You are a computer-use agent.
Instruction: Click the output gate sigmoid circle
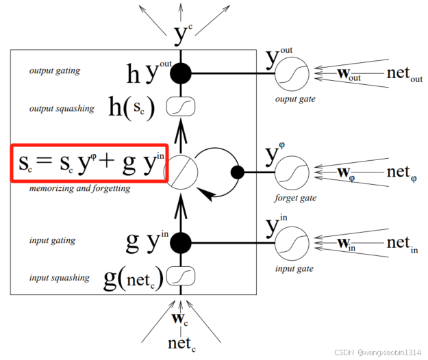(x=292, y=73)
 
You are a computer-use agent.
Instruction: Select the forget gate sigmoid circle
(x=292, y=172)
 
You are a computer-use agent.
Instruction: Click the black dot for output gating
(x=181, y=72)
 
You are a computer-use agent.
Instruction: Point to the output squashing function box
(x=181, y=107)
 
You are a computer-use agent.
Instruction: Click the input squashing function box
(x=181, y=277)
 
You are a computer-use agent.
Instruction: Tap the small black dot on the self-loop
(x=238, y=172)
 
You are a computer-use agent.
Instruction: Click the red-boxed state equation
(x=88, y=164)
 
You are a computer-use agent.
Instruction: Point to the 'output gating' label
(x=54, y=70)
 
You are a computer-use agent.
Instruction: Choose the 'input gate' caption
(x=292, y=269)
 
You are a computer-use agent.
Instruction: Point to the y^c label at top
(x=182, y=31)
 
